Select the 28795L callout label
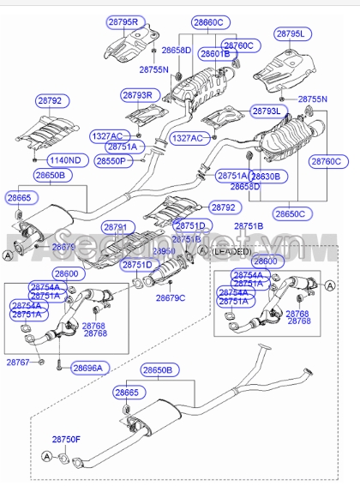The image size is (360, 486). [294, 33]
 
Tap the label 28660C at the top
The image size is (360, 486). [208, 21]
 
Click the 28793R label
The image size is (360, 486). [136, 94]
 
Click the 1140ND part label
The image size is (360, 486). [63, 160]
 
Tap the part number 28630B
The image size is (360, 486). [272, 176]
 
